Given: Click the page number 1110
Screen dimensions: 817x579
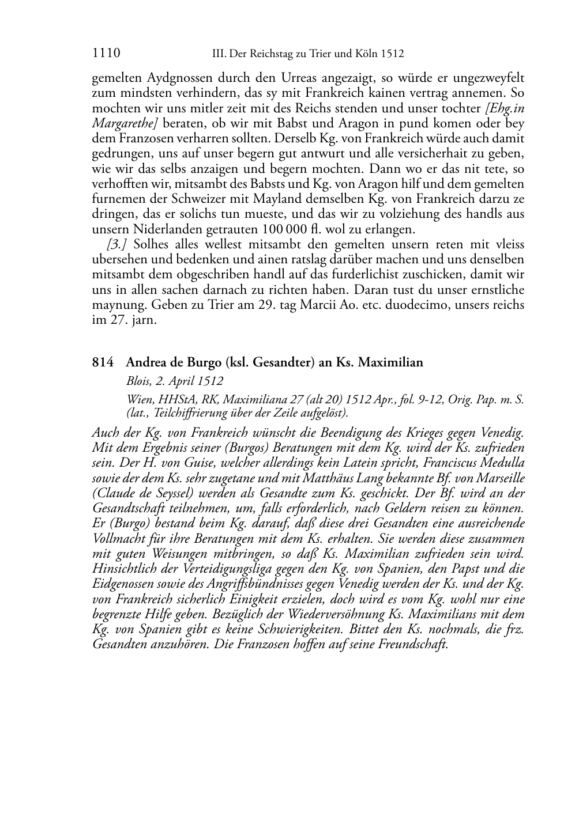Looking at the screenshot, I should click(x=106, y=54).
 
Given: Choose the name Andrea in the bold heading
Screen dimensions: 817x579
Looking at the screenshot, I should click(x=146, y=362).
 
